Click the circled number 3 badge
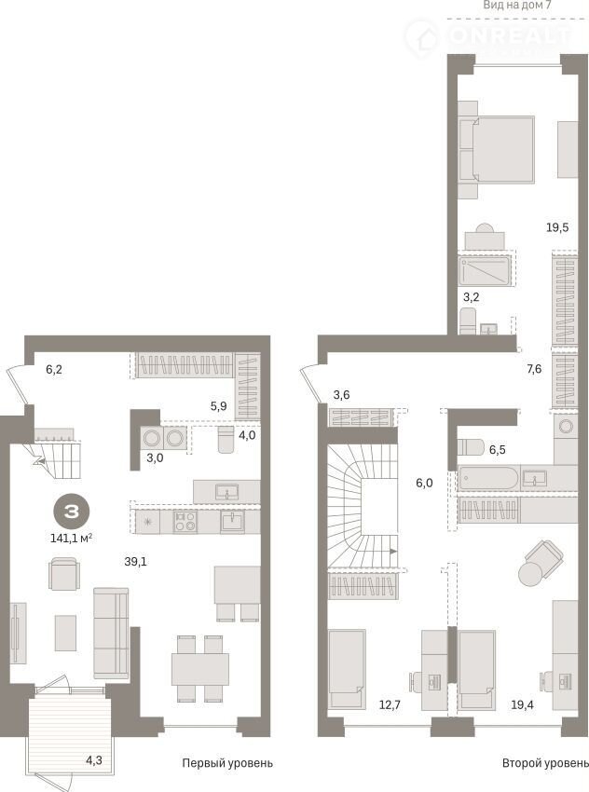(72, 512)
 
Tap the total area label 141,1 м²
(71, 539)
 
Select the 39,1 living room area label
(135, 561)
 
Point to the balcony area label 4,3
(94, 759)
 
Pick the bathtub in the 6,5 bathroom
(488, 477)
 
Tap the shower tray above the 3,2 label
(485, 270)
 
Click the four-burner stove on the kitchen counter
(185, 522)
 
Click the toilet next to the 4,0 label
(226, 440)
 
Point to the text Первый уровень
(227, 763)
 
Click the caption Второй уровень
(545, 763)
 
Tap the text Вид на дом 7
(517, 5)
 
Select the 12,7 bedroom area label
(390, 704)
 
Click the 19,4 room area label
(522, 704)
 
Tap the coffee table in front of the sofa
(65, 633)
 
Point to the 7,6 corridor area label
(534, 369)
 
